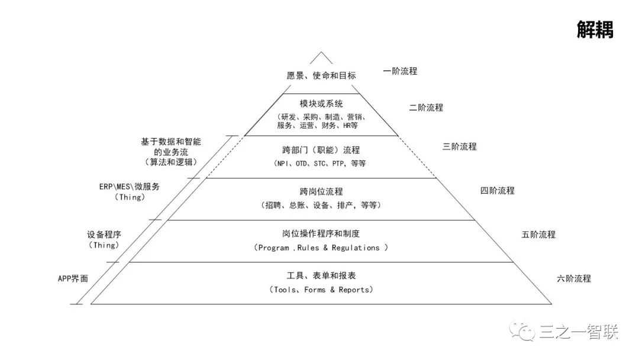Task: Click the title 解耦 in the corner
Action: (x=595, y=30)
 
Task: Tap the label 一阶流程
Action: (x=400, y=71)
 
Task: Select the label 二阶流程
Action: (x=426, y=108)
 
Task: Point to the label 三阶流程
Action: (x=459, y=146)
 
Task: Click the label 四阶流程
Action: (x=497, y=191)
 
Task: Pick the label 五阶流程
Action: (x=538, y=234)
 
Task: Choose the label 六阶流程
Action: (x=573, y=278)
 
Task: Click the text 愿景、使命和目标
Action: (x=321, y=76)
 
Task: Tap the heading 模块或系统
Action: (x=321, y=104)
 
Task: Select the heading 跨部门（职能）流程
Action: (x=321, y=150)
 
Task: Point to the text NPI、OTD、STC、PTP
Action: (x=311, y=163)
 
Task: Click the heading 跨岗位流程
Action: (x=321, y=192)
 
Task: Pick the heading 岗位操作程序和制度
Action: (x=321, y=234)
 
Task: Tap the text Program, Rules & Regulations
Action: (x=321, y=248)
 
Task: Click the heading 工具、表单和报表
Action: (x=321, y=276)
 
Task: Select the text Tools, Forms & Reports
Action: (x=321, y=290)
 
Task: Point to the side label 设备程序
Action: (x=104, y=234)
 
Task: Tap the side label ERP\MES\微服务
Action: (x=129, y=187)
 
